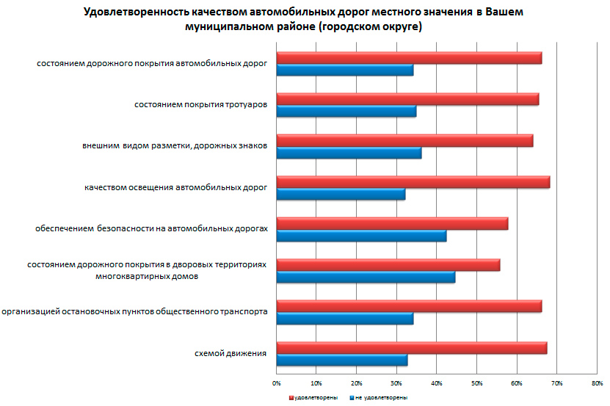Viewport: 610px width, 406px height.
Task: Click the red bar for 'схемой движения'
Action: click(411, 348)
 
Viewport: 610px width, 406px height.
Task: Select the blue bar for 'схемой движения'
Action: click(341, 360)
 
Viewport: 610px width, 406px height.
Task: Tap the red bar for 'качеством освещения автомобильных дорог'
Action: click(413, 182)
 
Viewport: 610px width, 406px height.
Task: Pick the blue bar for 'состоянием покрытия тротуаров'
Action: click(346, 112)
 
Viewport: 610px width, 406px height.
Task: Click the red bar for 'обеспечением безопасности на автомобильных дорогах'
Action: click(392, 224)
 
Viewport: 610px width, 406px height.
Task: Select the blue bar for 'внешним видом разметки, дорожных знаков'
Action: click(349, 153)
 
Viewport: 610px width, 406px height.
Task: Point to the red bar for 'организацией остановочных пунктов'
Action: click(409, 306)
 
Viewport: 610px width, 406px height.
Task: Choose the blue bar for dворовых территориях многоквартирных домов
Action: click(366, 277)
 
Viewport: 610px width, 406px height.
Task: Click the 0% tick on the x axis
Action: click(277, 383)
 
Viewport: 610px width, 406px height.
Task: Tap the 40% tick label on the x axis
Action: click(437, 383)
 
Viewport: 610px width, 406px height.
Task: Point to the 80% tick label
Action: click(597, 383)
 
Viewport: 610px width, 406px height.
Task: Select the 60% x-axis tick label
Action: click(517, 383)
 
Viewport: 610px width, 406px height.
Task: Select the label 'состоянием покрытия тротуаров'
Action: click(200, 105)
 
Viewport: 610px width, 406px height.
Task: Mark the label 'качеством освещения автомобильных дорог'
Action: click(175, 188)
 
